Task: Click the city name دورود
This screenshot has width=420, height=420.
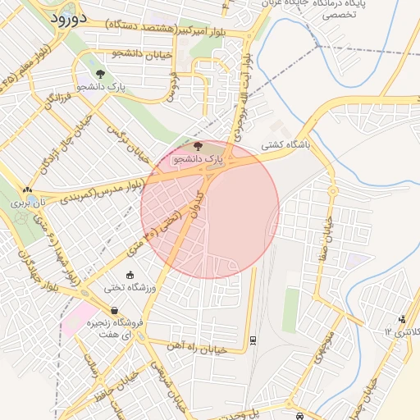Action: point(73,18)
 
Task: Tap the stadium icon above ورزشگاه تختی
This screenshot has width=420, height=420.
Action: point(130,274)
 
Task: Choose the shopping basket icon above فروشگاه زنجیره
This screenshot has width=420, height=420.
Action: point(113,311)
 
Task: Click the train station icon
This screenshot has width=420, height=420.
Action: point(253,337)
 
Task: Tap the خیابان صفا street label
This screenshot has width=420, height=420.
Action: point(329,222)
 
